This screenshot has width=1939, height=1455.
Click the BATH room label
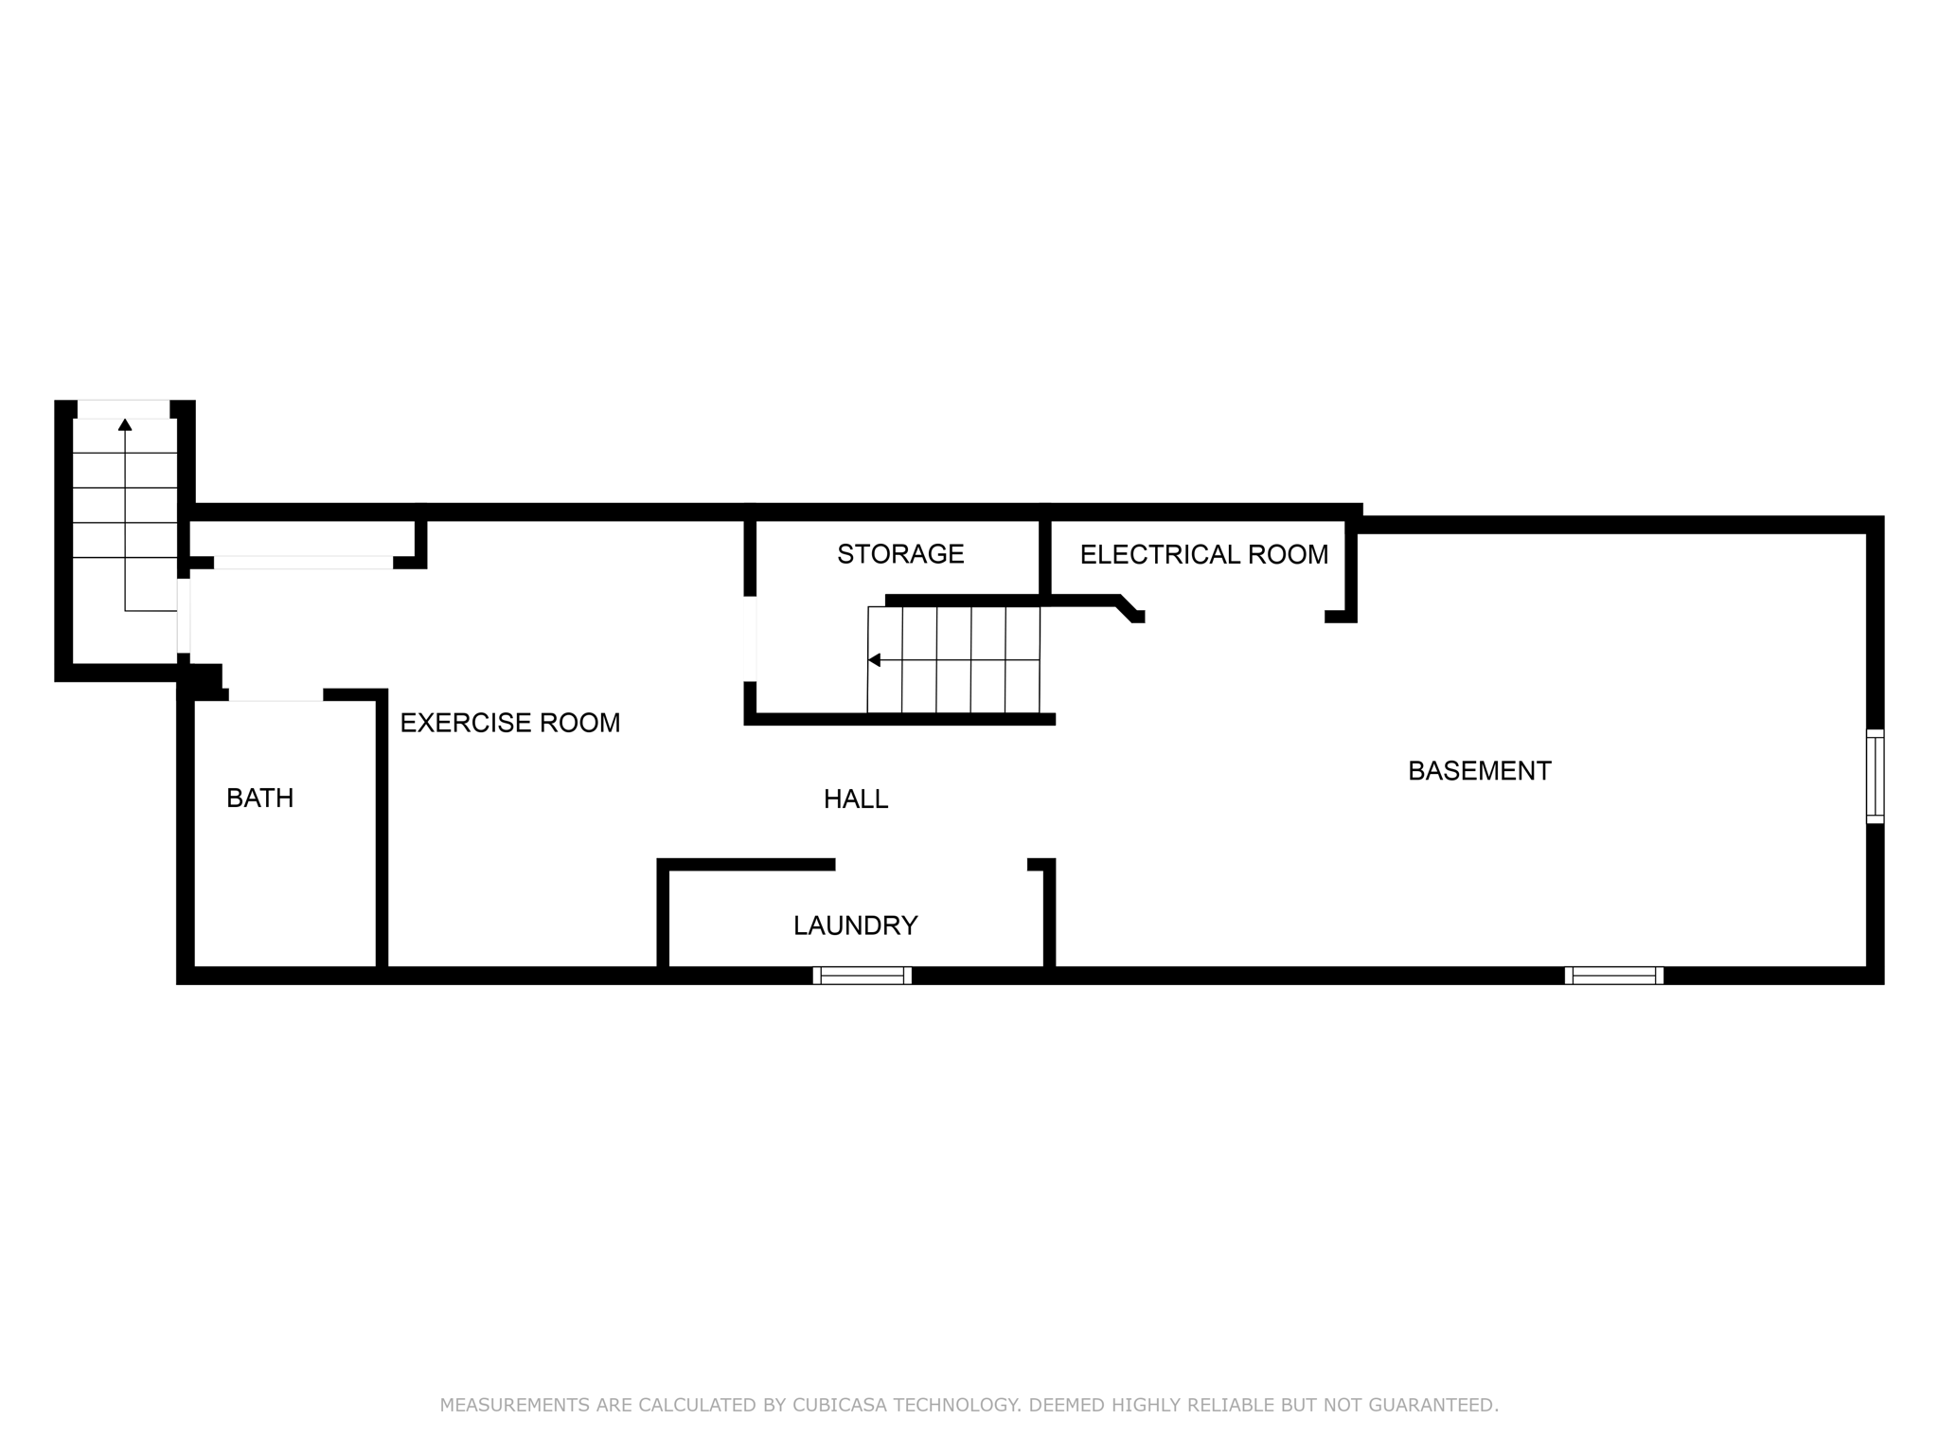259,799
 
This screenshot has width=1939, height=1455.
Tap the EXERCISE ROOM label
509,724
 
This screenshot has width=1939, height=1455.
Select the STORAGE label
900,554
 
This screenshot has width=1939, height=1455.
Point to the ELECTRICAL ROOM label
1203,555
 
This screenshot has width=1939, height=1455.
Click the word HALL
856,799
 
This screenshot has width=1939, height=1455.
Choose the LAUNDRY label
855,925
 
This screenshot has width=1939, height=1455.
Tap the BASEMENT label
1479,771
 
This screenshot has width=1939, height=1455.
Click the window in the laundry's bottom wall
862,976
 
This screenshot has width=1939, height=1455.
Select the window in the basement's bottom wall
1613,976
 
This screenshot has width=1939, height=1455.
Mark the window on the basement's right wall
1875,776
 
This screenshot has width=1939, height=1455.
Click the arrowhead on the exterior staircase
125,424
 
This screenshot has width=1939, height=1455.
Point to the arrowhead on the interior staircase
874,660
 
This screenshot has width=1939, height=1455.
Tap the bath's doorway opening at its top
276,695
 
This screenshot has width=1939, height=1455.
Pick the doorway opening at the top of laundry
931,864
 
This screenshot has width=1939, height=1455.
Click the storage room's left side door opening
750,638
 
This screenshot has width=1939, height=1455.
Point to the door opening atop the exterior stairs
123,409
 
